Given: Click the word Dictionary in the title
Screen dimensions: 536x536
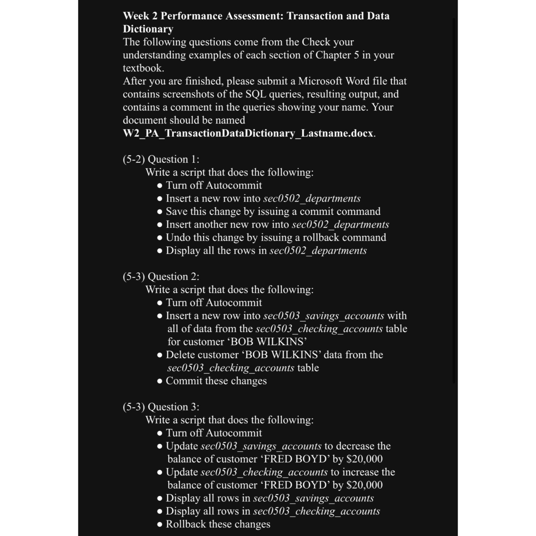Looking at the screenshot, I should (148, 29).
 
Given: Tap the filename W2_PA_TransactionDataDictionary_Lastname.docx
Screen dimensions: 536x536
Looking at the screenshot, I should (248, 133).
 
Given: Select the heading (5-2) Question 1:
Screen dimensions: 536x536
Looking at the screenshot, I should (161, 159).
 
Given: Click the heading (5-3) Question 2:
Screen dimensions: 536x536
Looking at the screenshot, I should (161, 276).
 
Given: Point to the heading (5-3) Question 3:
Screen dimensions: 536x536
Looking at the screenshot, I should (161, 407).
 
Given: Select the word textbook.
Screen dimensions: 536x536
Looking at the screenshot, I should (143, 68).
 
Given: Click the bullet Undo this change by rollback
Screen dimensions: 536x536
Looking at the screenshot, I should (276, 237).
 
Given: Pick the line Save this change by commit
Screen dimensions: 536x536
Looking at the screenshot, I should (273, 211).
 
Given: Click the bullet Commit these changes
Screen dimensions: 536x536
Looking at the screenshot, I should (216, 381).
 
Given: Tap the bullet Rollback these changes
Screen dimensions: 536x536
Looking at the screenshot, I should (218, 524).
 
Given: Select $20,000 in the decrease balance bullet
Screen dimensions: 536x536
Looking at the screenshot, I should (365, 459).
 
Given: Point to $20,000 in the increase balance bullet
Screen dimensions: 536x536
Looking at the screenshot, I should (365, 485).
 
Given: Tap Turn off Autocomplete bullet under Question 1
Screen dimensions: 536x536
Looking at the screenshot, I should (214, 185).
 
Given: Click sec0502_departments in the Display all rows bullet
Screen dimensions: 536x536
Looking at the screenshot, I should (318, 250).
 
